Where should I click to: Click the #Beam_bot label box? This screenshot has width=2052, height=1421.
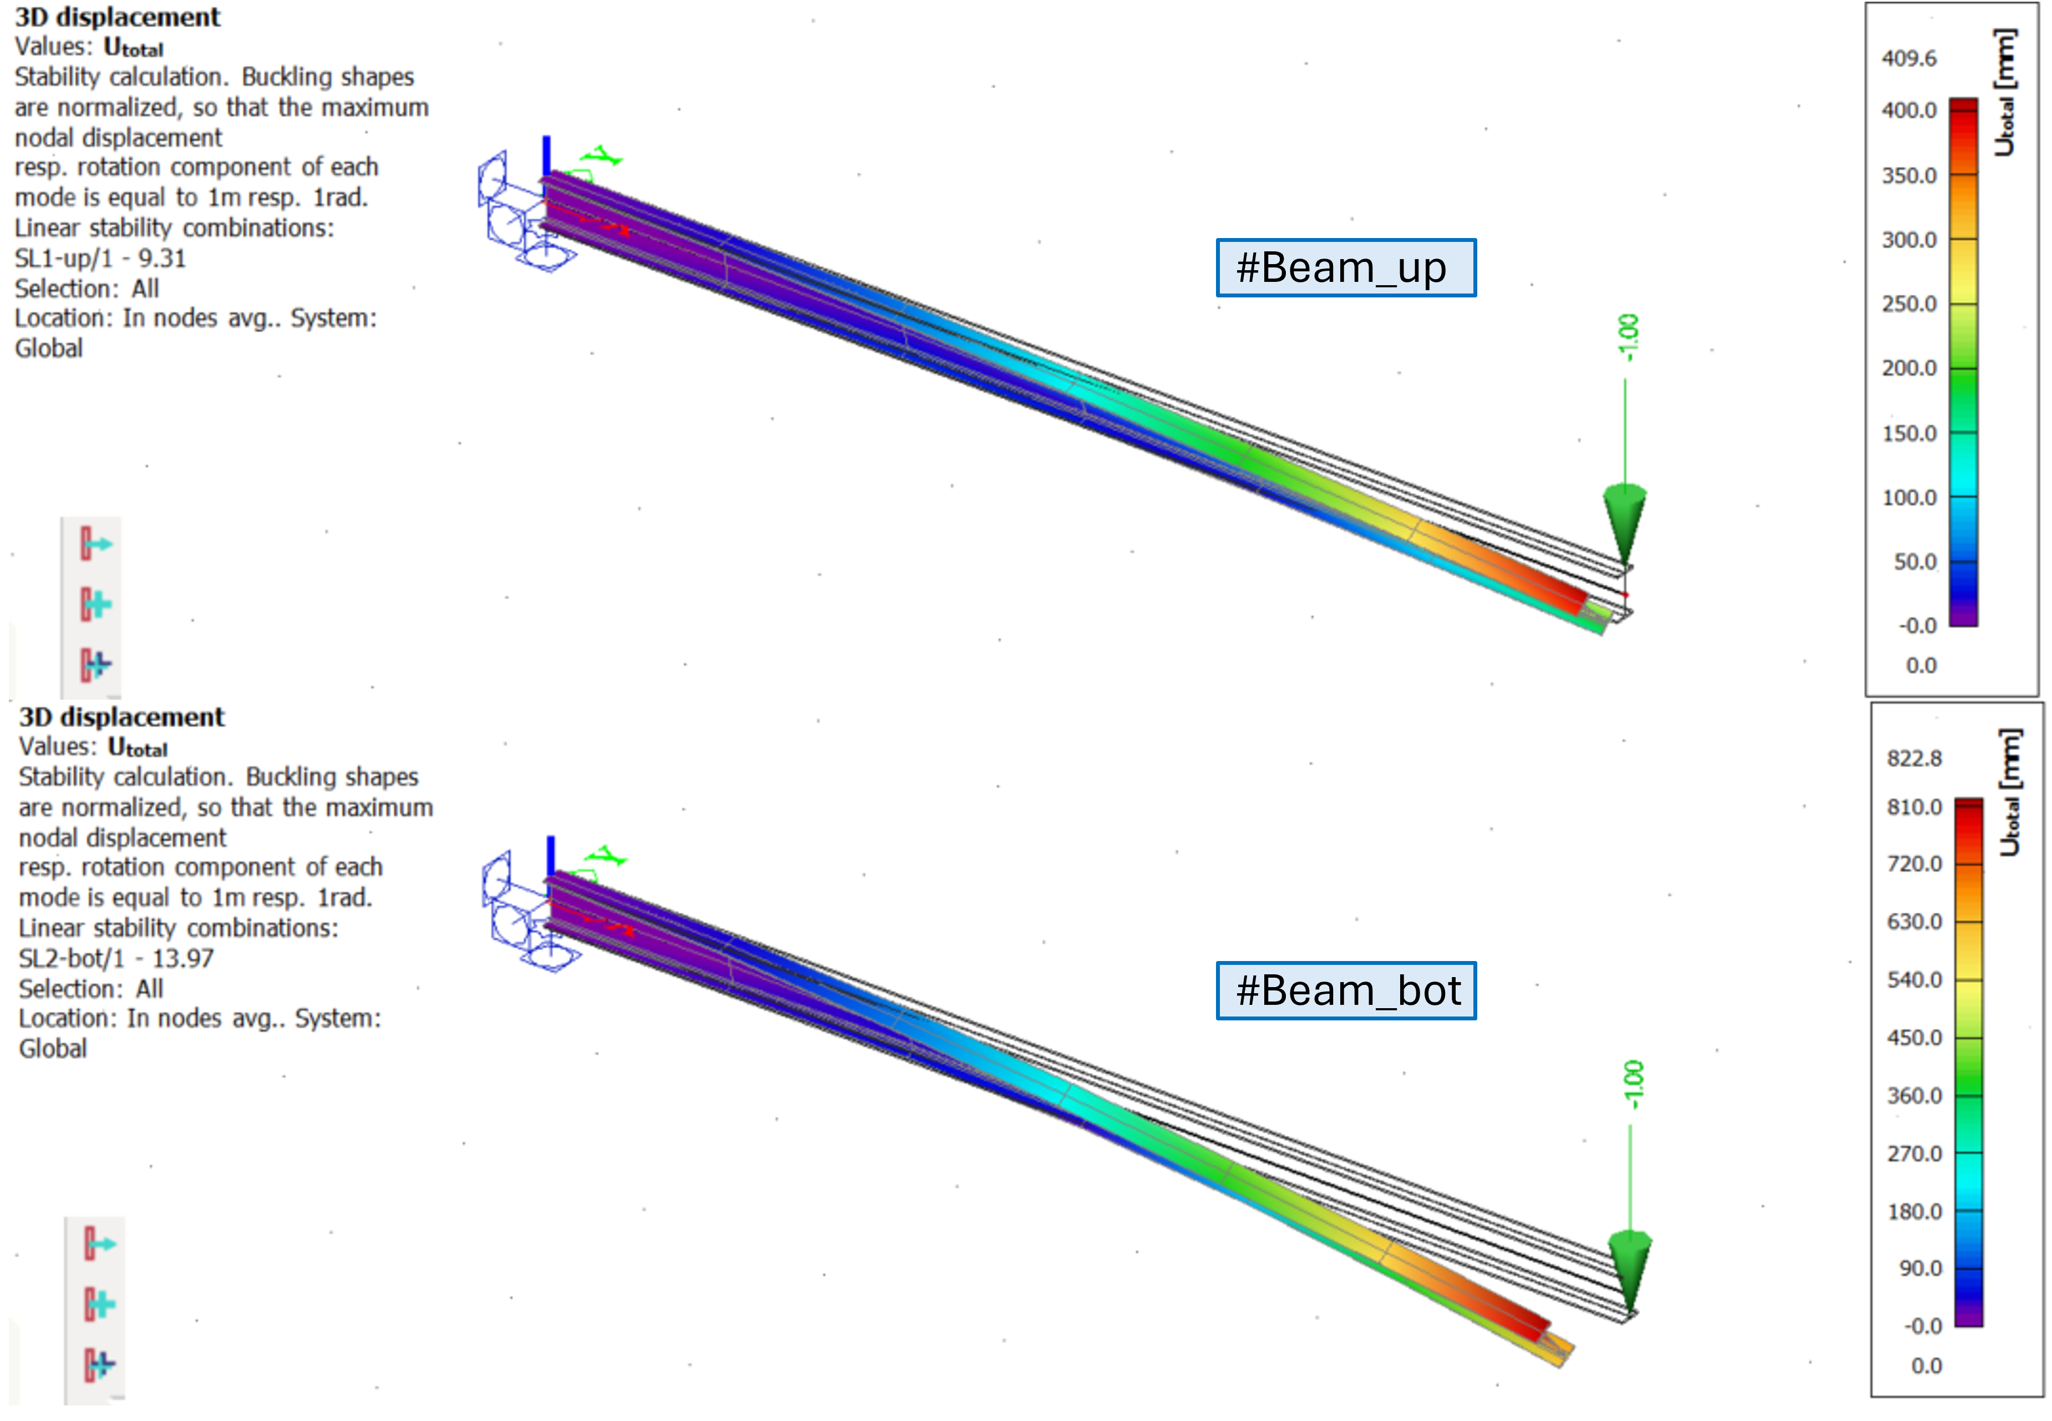(1345, 990)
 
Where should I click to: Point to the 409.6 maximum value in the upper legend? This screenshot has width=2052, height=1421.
(1909, 59)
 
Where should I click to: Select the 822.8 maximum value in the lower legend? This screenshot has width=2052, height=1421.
(1914, 758)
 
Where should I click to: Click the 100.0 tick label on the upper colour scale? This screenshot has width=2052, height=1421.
(1909, 498)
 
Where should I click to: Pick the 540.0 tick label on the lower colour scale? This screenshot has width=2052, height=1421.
(1914, 979)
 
